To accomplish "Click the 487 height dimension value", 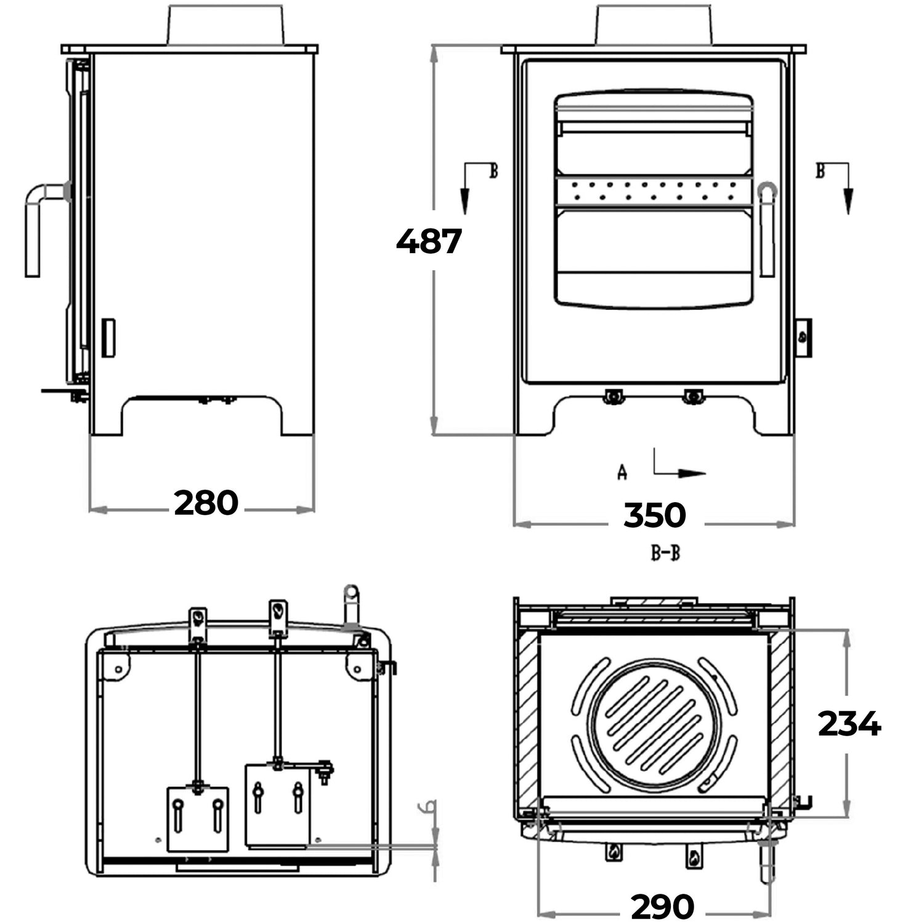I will [x=429, y=241].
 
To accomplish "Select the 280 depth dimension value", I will [x=206, y=503].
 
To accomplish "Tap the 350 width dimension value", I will [x=654, y=516].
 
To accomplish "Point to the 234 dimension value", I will [x=849, y=724].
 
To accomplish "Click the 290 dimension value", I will [x=663, y=906].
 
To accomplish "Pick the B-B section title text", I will [x=666, y=553].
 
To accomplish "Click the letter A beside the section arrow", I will [x=622, y=473].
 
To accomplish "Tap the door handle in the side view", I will [x=36, y=228].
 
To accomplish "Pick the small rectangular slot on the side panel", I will [x=108, y=338].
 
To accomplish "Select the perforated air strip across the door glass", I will [x=654, y=190].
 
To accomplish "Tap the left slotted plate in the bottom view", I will [x=198, y=819].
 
